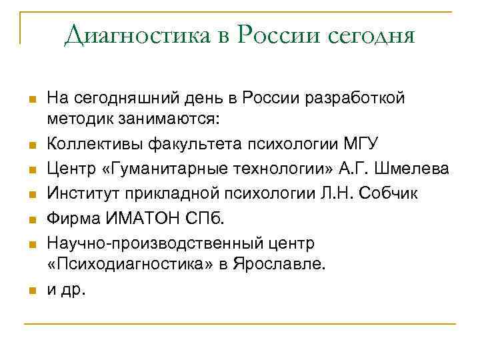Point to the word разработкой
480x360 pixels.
pos(359,99)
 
